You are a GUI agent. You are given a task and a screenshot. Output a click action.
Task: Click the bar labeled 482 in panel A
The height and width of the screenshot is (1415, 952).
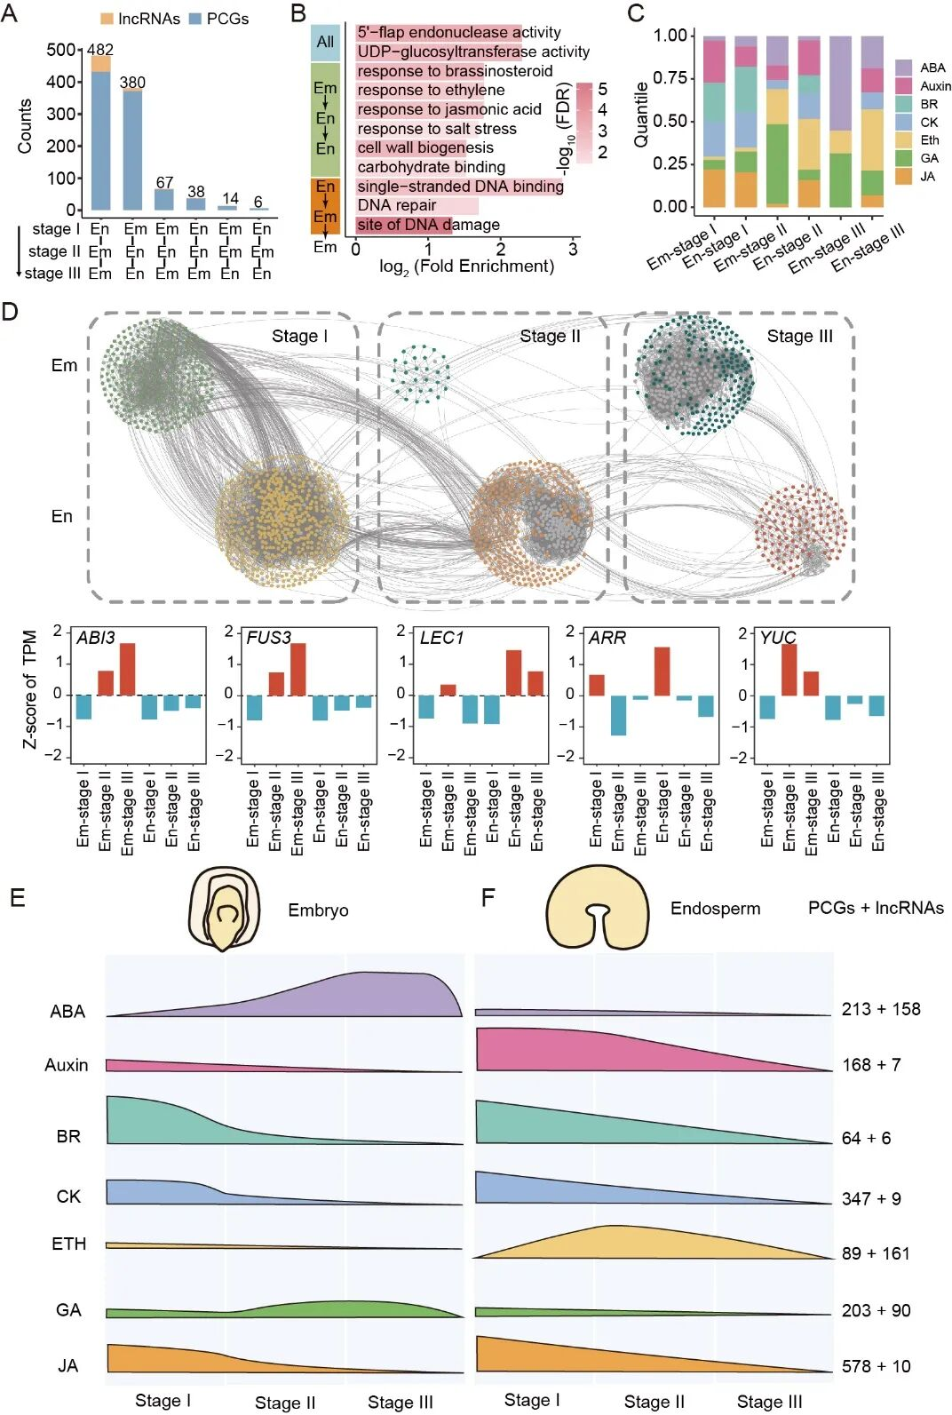click(100, 133)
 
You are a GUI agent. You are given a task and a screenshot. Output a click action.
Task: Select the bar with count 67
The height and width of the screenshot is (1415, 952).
click(164, 200)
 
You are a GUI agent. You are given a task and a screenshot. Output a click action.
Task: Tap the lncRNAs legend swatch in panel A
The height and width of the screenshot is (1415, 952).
click(107, 19)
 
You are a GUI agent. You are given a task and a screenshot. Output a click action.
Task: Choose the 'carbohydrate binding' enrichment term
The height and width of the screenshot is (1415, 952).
click(431, 167)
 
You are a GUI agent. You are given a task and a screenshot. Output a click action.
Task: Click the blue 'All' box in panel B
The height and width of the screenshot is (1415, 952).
click(325, 42)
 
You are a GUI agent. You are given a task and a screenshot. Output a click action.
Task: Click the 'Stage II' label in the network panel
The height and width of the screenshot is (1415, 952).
click(550, 336)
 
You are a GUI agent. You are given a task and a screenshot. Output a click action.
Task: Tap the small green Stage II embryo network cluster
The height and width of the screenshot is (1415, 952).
click(420, 374)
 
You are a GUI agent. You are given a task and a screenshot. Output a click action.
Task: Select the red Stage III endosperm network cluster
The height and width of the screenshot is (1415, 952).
click(799, 529)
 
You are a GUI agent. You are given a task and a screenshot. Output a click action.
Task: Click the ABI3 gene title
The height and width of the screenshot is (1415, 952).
click(96, 638)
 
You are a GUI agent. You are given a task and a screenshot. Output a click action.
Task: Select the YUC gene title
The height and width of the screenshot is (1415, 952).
click(778, 638)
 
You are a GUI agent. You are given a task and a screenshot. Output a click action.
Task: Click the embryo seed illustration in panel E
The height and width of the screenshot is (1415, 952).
click(225, 908)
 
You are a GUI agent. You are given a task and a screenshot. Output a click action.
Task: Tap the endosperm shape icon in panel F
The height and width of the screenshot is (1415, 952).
click(598, 907)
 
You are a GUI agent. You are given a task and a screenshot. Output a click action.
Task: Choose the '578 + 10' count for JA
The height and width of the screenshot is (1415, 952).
click(876, 1366)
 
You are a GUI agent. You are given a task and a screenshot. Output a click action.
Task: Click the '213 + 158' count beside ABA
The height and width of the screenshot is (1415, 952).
click(881, 1009)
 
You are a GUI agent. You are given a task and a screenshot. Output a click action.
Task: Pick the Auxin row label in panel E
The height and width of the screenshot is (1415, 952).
click(67, 1064)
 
